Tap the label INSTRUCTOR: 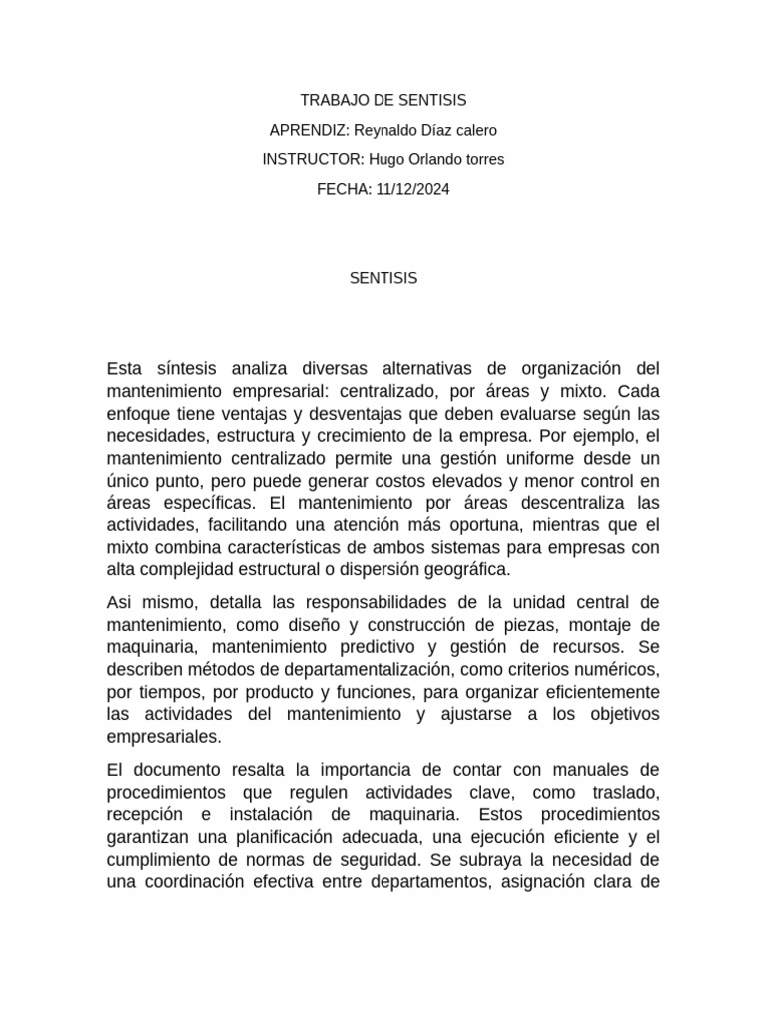coord(313,159)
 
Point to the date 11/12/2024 coord(413,188)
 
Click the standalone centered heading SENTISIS coord(383,279)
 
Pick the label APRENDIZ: coord(310,130)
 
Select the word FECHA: coord(345,188)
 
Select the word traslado coord(618,792)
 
